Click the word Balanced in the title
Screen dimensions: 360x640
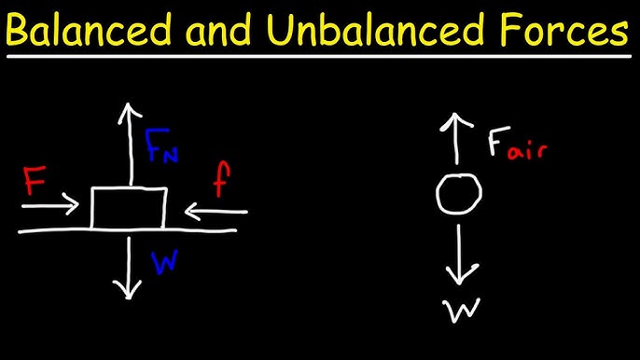(x=96, y=35)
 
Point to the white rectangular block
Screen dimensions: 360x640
(x=129, y=207)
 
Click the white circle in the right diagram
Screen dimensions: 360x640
(x=459, y=194)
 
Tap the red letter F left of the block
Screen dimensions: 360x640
(x=35, y=181)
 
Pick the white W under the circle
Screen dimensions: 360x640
(x=457, y=311)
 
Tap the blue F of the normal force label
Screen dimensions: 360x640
(x=154, y=143)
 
